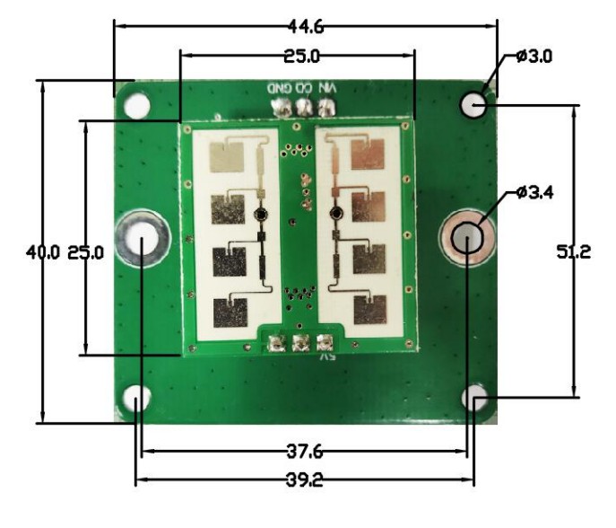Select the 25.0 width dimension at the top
point(302,57)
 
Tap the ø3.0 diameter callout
point(535,56)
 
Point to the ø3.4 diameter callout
point(535,191)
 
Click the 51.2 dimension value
point(574,252)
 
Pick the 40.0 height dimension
point(43,252)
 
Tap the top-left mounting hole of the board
point(136,105)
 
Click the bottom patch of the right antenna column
point(370,310)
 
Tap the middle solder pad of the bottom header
point(301,342)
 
